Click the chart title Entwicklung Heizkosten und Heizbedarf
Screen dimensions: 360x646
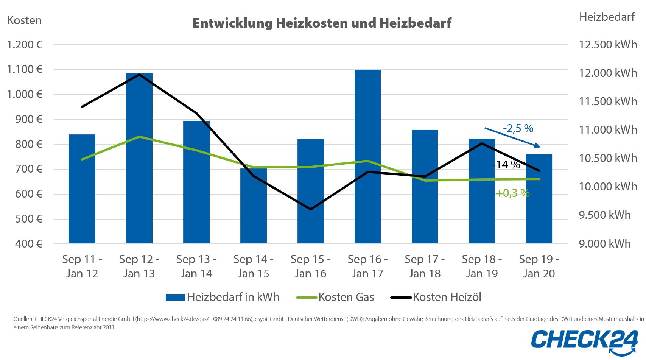tap(322, 23)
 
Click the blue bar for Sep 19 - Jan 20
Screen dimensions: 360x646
tap(539, 198)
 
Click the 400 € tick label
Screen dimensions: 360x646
tap(29, 244)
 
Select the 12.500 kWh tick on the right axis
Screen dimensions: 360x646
tap(608, 45)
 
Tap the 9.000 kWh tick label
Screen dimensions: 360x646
tap(605, 243)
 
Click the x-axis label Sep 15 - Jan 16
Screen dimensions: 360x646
tap(310, 266)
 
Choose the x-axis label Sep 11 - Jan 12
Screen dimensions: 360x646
tap(82, 266)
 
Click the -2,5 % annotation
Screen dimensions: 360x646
tap(518, 128)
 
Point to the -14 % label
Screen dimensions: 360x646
tap(506, 165)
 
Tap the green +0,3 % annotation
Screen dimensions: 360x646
tap(512, 193)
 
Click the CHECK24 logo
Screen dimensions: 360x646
tap(587, 342)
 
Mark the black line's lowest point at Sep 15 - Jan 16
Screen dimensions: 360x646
tap(311, 209)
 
